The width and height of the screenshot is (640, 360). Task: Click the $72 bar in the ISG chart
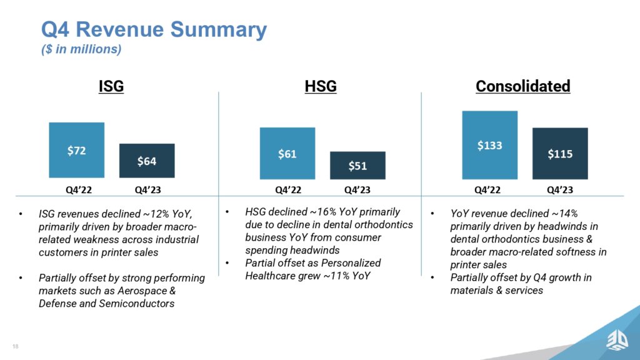tap(76, 150)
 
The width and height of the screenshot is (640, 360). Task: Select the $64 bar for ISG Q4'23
tap(147, 161)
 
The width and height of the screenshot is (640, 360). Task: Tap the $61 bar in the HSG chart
tap(287, 153)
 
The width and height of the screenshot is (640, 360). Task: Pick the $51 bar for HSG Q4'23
tap(357, 166)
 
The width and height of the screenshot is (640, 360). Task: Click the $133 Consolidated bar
tap(490, 145)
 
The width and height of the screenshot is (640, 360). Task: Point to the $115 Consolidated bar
tap(560, 153)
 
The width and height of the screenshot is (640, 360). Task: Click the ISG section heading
tap(111, 86)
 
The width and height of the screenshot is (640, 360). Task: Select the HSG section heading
tap(321, 86)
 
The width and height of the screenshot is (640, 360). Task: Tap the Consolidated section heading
tap(522, 86)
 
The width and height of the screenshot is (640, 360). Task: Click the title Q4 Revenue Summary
tap(154, 29)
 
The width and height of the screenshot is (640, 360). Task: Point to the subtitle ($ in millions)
tap(81, 49)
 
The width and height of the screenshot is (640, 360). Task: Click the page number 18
tap(14, 346)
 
